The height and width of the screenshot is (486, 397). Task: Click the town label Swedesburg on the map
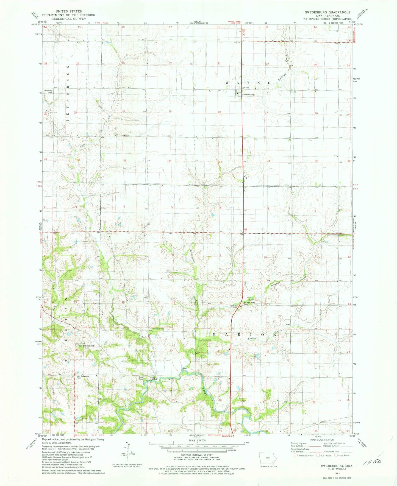click(248, 94)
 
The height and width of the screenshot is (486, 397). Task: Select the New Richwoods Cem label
click(87, 346)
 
